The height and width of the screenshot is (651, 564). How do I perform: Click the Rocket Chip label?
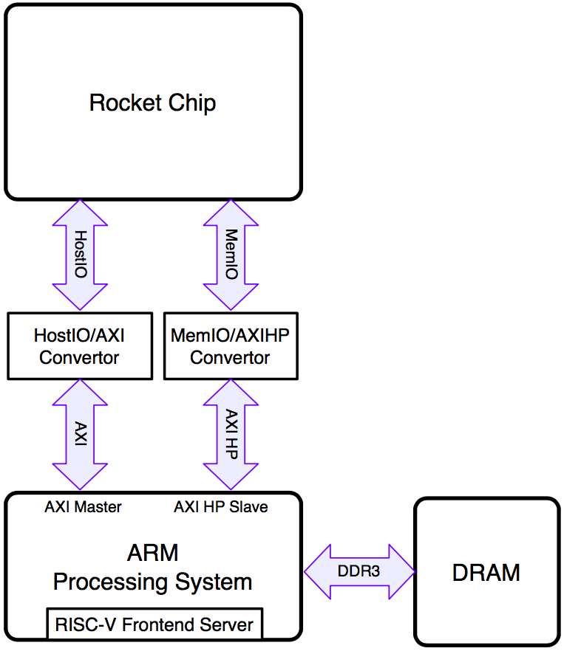coord(153,103)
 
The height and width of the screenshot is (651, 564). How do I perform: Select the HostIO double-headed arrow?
coord(80,255)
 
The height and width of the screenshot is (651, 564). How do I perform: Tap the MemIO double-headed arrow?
coord(231,255)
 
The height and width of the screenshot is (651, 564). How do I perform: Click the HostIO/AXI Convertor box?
coord(80,346)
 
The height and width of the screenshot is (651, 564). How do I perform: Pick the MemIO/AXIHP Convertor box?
coord(231,346)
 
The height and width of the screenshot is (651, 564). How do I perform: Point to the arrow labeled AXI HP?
coord(231,434)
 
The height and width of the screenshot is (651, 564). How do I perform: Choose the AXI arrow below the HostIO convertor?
coord(80,434)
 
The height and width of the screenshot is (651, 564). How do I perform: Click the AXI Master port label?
coord(84,507)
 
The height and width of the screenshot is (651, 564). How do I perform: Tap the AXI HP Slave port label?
coord(221,507)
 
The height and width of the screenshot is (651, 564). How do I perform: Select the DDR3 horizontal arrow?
coord(359,572)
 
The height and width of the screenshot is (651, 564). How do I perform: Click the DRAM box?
coord(487,572)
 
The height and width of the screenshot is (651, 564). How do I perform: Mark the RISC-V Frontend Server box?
coord(154,624)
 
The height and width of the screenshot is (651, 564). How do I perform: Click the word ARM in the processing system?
coord(153,553)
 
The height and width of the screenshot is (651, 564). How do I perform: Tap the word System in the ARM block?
coord(214,582)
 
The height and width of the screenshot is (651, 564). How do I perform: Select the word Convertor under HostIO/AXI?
coord(79,357)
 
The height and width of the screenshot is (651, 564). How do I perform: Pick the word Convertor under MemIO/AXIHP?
coord(230,357)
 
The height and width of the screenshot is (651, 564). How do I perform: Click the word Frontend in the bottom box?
coord(158,624)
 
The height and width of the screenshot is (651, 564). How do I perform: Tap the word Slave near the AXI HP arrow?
coord(248,507)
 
